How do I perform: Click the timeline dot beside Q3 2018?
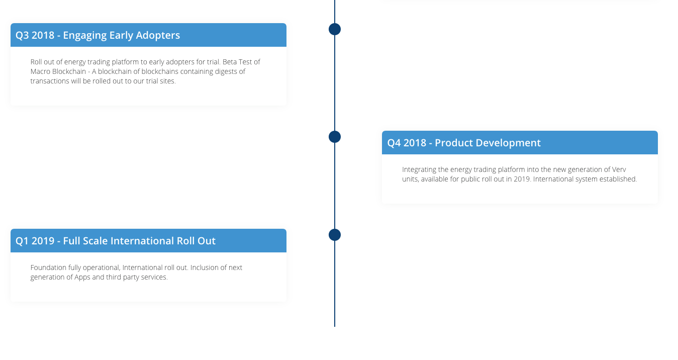334,29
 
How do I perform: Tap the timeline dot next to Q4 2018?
334,137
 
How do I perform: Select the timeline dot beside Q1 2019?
334,235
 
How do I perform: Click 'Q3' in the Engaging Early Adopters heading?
22,35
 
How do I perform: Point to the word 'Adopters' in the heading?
158,35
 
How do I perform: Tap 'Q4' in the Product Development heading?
394,143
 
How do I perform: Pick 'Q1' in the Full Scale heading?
22,241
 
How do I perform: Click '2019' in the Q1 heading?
43,241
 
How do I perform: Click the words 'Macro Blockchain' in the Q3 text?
58,71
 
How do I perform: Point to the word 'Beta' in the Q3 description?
229,62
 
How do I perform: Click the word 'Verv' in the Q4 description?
619,169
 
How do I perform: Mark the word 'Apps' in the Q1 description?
82,278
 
